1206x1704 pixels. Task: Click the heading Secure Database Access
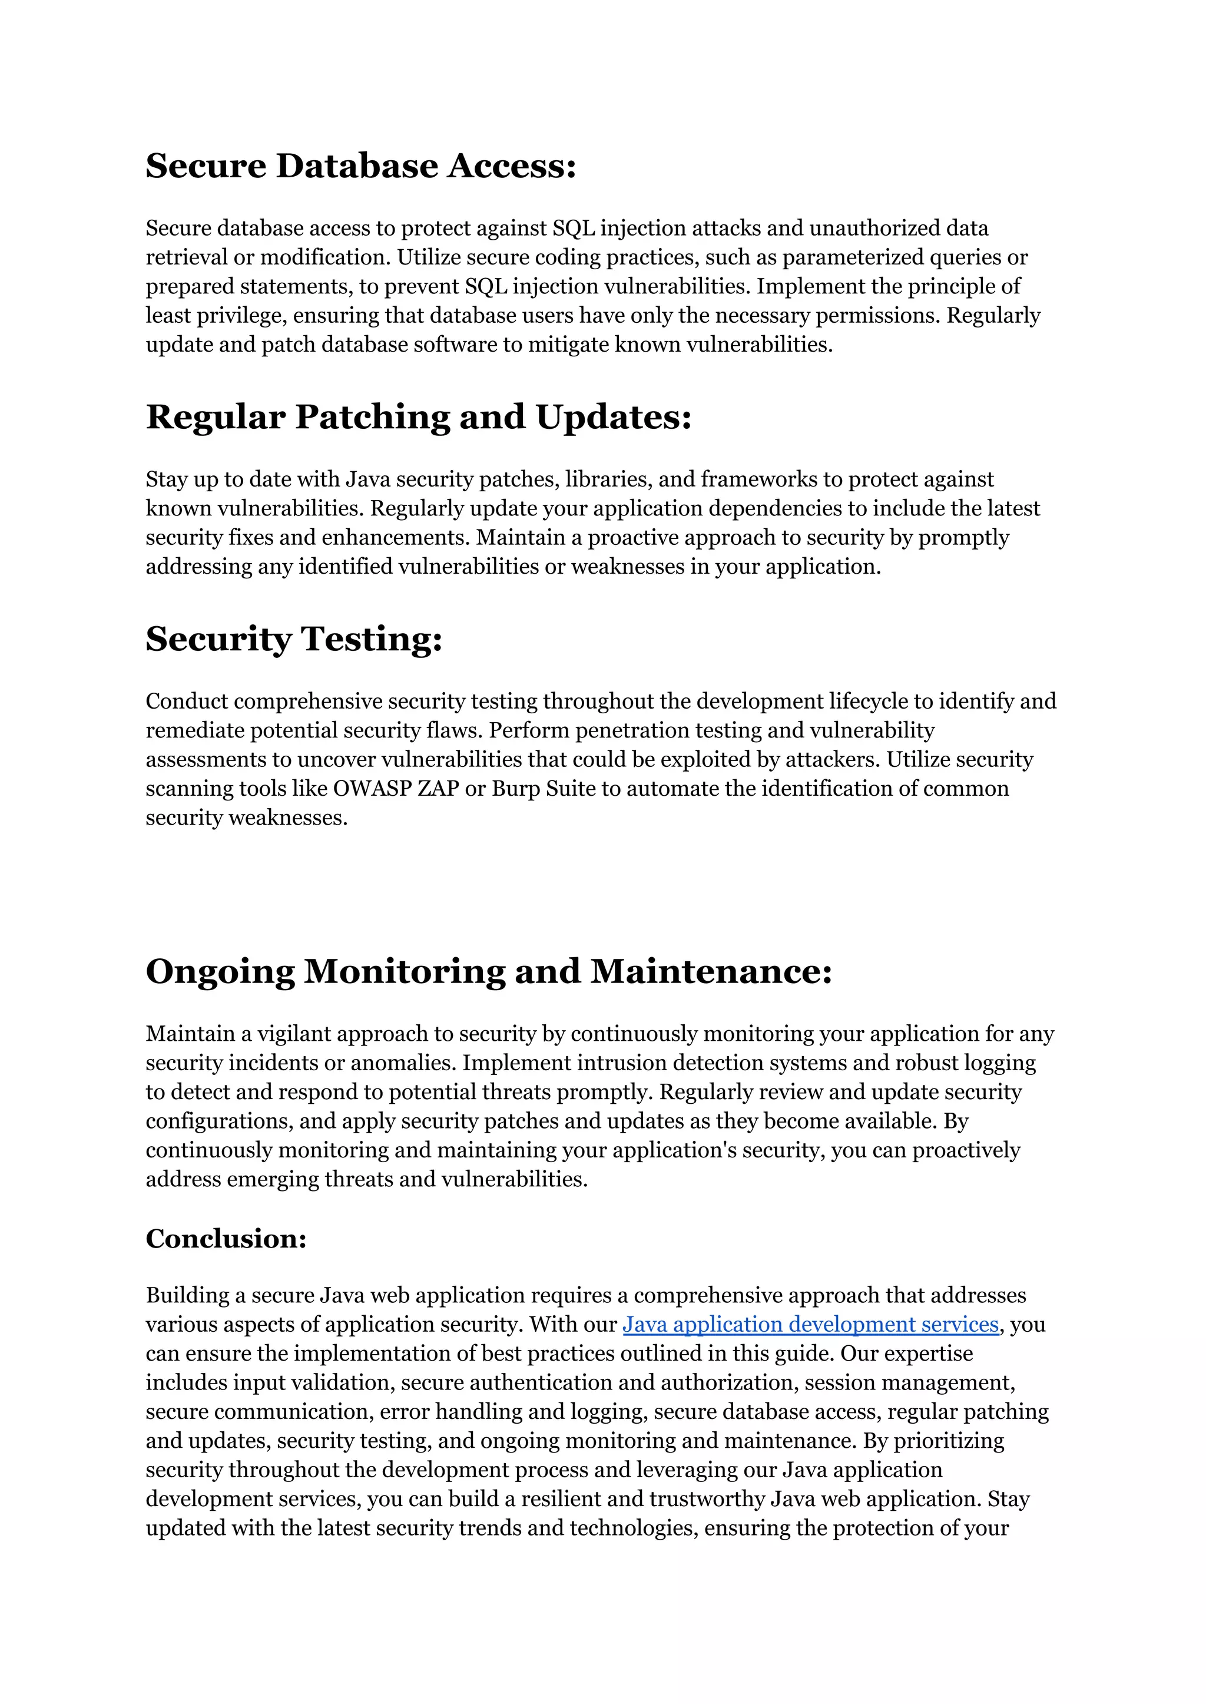tap(361, 165)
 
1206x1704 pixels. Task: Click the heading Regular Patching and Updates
tap(419, 416)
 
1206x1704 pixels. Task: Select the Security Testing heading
tap(294, 639)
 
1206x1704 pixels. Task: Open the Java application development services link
tap(810, 1325)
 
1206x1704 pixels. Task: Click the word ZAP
tap(438, 788)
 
